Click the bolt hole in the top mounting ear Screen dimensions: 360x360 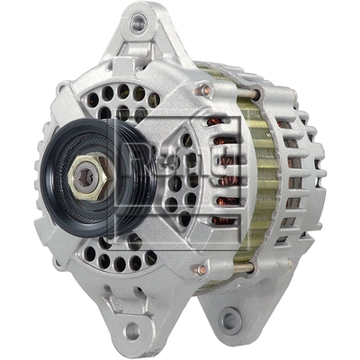tap(138, 25)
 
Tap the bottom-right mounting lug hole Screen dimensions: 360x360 tap(231, 319)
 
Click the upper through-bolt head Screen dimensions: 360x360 tap(206, 90)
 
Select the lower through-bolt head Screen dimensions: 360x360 tap(202, 269)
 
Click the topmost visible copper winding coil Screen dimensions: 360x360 tap(217, 121)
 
